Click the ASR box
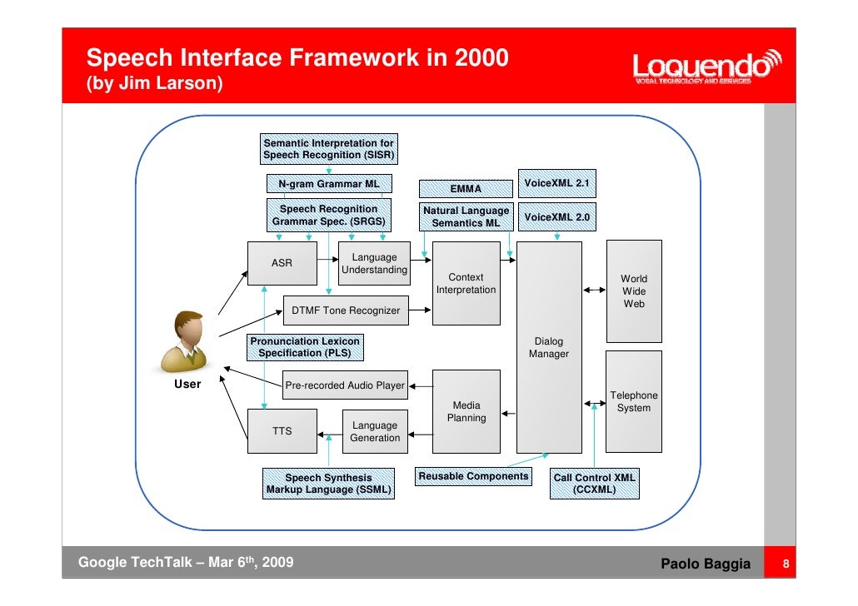[x=282, y=263]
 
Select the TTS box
[x=282, y=431]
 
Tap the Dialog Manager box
[x=549, y=347]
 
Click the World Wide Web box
[x=634, y=291]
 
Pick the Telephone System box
[x=634, y=402]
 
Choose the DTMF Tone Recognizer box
[x=346, y=311]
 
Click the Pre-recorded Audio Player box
[x=345, y=385]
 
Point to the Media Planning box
[x=466, y=412]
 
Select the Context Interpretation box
[x=466, y=284]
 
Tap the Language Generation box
[x=375, y=431]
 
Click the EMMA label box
[x=466, y=189]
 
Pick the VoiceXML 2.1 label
[x=557, y=183]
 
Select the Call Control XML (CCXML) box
[x=595, y=484]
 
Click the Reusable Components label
[x=473, y=477]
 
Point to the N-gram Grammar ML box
[x=329, y=184]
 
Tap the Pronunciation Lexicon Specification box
[x=305, y=347]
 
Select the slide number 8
[x=784, y=566]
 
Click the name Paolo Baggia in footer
[x=706, y=566]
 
